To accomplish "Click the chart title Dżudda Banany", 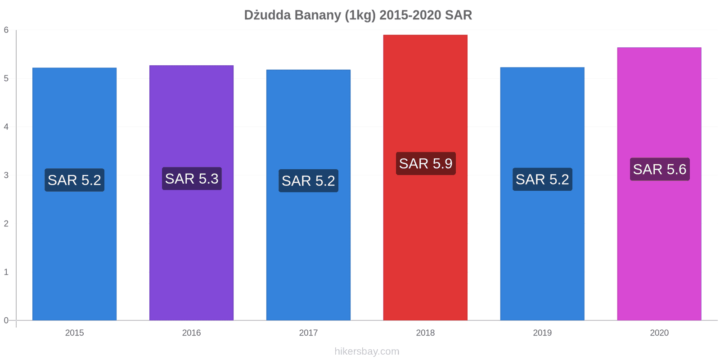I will click(x=358, y=15).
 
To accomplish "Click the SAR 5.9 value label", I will click(x=426, y=164).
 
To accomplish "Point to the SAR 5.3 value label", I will click(x=192, y=179).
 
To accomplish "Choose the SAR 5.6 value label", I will click(x=660, y=169).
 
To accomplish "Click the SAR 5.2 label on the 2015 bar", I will click(x=74, y=180).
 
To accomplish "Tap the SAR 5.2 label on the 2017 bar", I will click(x=308, y=181).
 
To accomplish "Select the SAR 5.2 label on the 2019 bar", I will click(x=542, y=180).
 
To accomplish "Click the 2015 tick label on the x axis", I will click(x=74, y=333).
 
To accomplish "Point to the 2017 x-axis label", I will click(x=308, y=333).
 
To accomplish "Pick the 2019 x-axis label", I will click(x=542, y=333).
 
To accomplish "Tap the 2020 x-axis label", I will click(x=659, y=333).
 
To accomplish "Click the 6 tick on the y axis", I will click(x=6, y=30).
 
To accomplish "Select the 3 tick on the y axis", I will click(x=6, y=175).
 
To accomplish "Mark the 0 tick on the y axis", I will click(x=6, y=320).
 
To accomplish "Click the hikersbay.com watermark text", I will click(x=367, y=351).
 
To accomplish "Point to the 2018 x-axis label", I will click(x=425, y=333).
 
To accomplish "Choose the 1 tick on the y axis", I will click(x=6, y=272).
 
